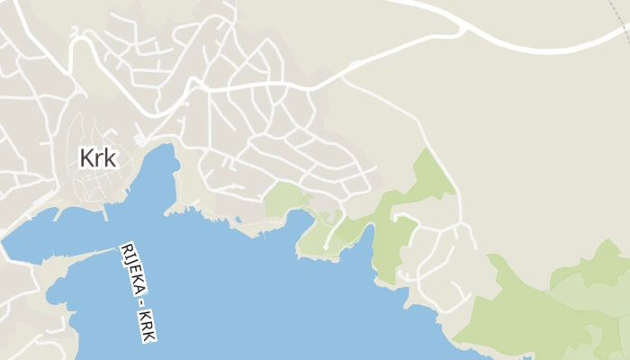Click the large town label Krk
98,157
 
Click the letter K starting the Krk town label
87,157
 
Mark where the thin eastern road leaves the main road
342,79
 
